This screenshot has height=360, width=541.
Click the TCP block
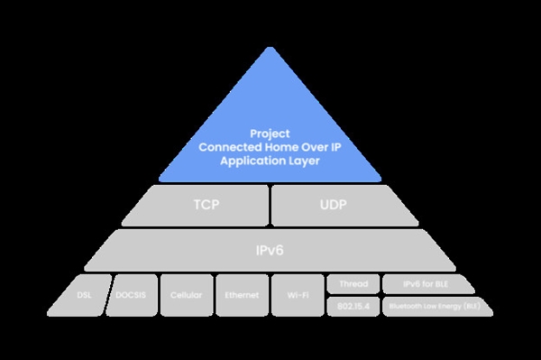pos(196,206)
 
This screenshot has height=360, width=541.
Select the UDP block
pos(345,206)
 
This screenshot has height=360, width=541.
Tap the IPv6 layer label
pos(270,250)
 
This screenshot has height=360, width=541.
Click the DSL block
pos(80,295)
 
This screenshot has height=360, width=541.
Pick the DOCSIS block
pos(132,295)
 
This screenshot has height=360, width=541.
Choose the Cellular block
pos(187,295)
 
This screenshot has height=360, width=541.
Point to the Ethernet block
pos(243,295)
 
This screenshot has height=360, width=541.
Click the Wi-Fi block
pos(298,295)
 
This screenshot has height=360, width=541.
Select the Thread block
pos(353,284)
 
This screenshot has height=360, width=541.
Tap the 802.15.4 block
pos(353,307)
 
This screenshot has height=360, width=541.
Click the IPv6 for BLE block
pos(427,284)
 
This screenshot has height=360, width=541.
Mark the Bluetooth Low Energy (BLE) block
pos(437,307)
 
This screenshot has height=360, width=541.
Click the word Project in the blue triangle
pos(270,134)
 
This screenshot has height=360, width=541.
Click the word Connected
pos(230,147)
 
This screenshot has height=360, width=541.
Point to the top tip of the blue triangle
pos(270,47)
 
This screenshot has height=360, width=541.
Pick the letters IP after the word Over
pos(336,147)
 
